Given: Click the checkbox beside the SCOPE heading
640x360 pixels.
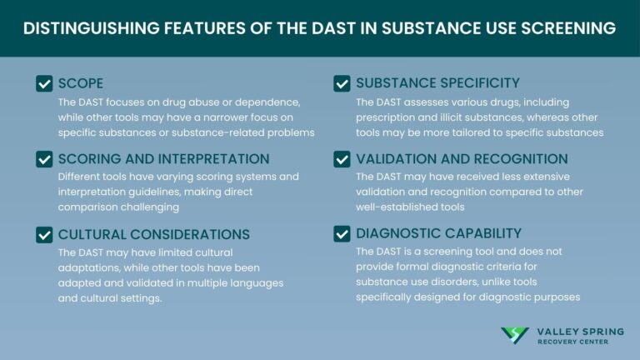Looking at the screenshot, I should [x=44, y=83].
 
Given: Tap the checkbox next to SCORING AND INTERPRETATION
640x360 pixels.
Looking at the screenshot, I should [x=44, y=158].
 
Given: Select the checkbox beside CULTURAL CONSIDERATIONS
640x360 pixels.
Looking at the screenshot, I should [x=44, y=234].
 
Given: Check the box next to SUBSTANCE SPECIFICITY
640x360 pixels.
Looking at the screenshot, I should [x=342, y=83].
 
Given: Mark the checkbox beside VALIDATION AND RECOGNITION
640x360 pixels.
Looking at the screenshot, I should [x=342, y=158].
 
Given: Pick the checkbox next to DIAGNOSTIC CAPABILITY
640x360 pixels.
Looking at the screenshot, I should [x=342, y=234].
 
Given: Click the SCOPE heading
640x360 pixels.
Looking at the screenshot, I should [x=81, y=83].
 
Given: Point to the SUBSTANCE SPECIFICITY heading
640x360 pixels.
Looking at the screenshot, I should [x=437, y=83].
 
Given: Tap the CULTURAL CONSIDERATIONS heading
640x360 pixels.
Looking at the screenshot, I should [x=153, y=234].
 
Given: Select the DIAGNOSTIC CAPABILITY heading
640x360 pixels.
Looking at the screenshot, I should [x=438, y=234].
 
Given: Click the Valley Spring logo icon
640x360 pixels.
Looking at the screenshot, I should [x=514, y=335].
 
